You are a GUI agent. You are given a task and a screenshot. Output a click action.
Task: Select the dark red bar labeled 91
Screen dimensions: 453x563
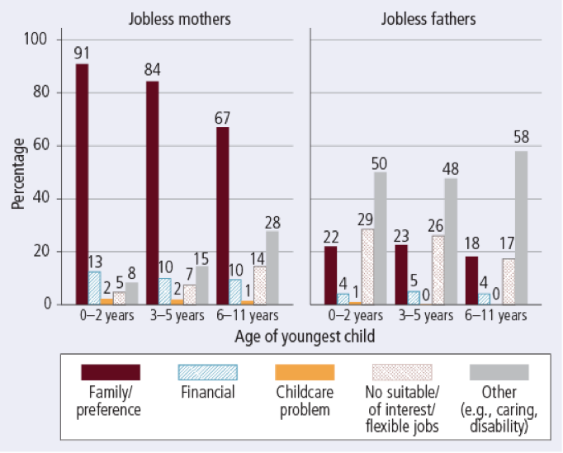coord(82,184)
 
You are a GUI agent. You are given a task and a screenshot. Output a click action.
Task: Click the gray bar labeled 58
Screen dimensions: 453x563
coord(520,228)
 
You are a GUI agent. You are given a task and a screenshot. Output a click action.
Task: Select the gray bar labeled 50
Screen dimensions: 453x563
coord(379,238)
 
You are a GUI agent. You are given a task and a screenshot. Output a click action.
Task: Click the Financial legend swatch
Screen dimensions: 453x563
coord(208,372)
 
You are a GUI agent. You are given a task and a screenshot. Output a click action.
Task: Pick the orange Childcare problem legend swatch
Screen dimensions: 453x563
coord(306,372)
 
